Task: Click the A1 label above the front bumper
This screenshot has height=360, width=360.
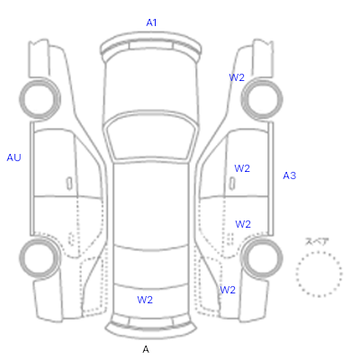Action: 151,22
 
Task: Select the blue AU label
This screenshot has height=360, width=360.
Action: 13,157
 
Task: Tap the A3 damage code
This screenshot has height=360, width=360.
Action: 290,175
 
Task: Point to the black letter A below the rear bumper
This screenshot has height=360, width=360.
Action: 146,349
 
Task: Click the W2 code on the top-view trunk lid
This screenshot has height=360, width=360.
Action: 145,300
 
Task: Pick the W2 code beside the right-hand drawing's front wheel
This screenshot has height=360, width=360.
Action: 237,77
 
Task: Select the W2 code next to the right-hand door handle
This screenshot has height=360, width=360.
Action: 242,168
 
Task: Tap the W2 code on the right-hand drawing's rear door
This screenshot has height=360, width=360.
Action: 243,224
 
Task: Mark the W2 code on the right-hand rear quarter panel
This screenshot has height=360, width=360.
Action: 228,290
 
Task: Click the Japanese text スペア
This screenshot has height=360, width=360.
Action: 317,241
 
